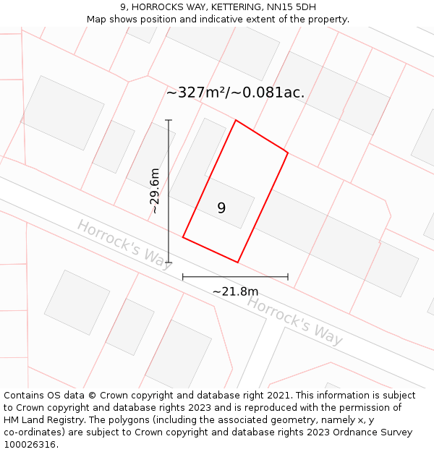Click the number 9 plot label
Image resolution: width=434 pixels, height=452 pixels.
click(x=221, y=208)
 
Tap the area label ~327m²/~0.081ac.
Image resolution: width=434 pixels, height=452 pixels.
click(x=235, y=93)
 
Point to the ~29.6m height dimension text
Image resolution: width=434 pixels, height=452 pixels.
click(x=154, y=191)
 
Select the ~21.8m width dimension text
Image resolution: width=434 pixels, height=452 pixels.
click(x=235, y=291)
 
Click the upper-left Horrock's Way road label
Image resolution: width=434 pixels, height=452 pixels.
click(x=124, y=244)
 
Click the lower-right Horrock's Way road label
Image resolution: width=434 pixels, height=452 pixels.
click(x=294, y=319)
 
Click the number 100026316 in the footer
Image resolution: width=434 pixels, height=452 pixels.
click(x=31, y=445)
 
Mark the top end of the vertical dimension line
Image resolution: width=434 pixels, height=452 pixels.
click(x=169, y=120)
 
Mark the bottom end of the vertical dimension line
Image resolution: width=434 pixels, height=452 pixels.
click(x=169, y=263)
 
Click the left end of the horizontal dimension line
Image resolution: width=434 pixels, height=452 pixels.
click(x=183, y=276)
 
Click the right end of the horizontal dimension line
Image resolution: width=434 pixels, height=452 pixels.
click(x=288, y=276)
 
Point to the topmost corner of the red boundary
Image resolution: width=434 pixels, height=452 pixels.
click(x=236, y=120)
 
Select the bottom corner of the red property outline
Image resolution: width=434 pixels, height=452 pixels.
click(x=238, y=263)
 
